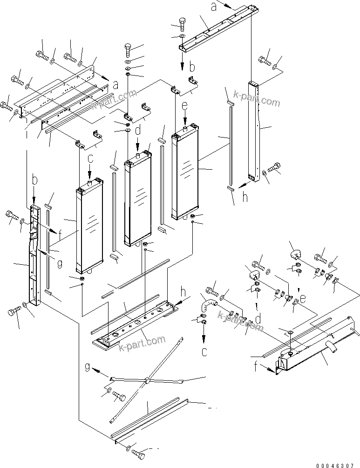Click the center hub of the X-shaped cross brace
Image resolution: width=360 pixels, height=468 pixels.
147,381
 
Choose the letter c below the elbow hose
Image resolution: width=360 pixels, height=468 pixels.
204,351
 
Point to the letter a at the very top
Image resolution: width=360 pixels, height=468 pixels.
214,7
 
